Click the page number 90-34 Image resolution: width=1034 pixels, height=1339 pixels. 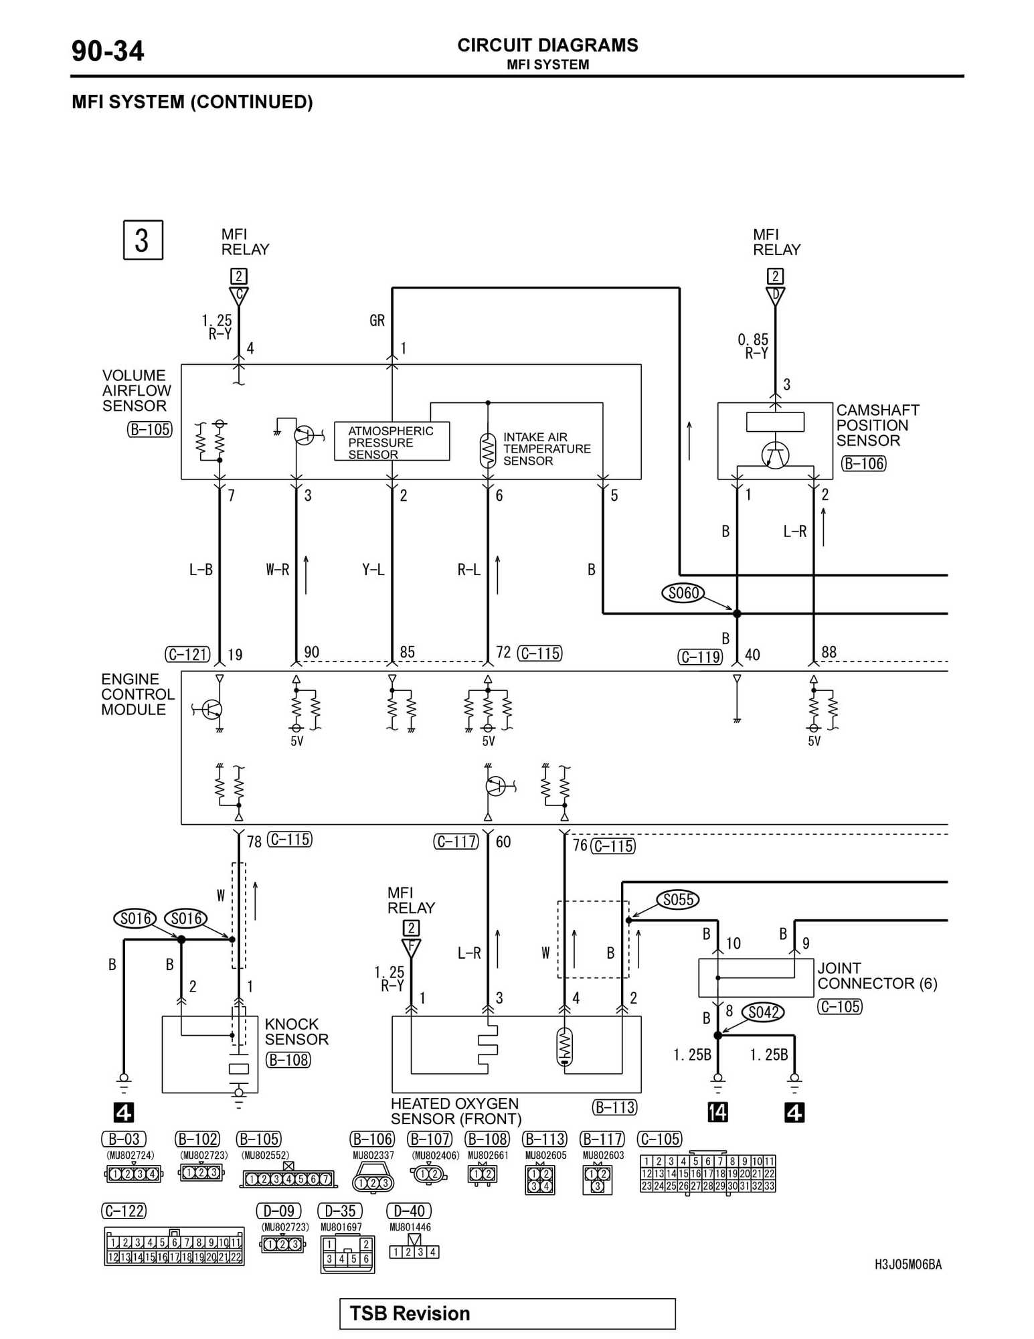tap(107, 52)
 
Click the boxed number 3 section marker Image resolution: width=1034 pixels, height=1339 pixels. tap(143, 240)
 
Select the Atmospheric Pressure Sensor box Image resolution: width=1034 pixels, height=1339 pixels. tap(392, 441)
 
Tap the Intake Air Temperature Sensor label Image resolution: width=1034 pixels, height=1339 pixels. tap(547, 449)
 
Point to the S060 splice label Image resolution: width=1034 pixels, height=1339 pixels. tap(683, 593)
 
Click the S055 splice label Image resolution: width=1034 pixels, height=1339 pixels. tap(678, 899)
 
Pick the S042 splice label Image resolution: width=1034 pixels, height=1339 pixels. tap(763, 1012)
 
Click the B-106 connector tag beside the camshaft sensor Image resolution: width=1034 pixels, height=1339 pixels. tap(863, 463)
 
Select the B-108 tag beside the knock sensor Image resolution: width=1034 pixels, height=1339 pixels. tap(288, 1060)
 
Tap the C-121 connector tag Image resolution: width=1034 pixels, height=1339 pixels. tap(187, 654)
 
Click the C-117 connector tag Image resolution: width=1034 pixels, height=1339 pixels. tap(456, 842)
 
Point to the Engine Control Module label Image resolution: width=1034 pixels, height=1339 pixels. tap(137, 694)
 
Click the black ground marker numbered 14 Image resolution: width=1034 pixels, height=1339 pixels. tap(717, 1112)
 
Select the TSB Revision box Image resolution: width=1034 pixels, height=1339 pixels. tap(507, 1314)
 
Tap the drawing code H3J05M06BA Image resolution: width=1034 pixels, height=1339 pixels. tap(908, 1264)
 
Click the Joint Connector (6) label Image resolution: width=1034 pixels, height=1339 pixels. tap(877, 975)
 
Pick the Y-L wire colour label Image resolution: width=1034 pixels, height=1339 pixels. tap(373, 570)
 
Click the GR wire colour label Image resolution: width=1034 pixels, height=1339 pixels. tap(377, 321)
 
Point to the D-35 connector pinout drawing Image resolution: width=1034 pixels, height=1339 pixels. tap(347, 1253)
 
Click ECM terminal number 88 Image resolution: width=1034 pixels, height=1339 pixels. tap(829, 652)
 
